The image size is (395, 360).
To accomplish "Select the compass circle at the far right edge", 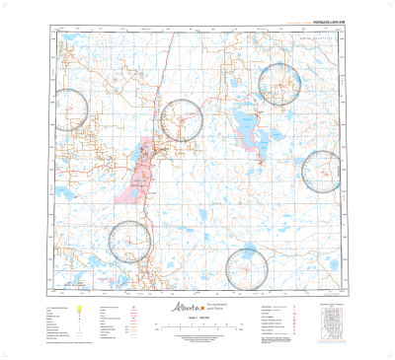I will coord(323,171).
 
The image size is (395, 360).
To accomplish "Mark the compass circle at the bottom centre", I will coord(247,268).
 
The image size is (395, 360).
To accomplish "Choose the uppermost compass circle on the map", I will coord(279,83).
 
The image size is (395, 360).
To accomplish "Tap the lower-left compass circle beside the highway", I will coord(130,242).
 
